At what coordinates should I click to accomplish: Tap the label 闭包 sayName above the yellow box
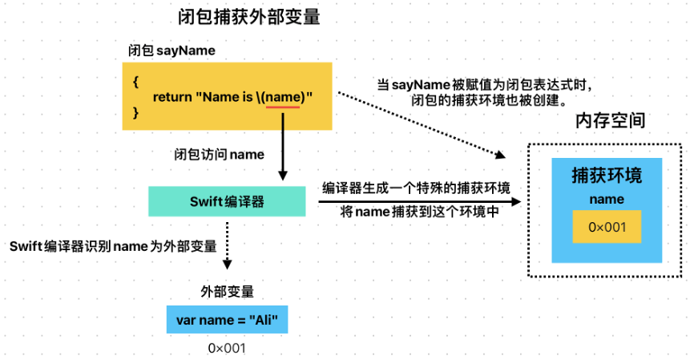(x=171, y=50)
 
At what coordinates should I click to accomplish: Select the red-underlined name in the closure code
(x=284, y=97)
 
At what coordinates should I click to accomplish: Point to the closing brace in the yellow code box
(x=135, y=114)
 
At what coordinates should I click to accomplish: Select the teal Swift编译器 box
(x=227, y=200)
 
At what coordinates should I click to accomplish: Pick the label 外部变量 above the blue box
(x=228, y=291)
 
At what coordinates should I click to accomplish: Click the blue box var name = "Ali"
(x=227, y=321)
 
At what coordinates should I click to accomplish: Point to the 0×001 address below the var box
(x=227, y=348)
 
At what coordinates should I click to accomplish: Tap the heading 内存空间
(x=611, y=121)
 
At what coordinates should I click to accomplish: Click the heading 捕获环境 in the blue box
(x=606, y=176)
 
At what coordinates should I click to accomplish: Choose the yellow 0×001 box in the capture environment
(x=606, y=228)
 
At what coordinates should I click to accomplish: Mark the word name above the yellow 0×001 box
(x=606, y=200)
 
